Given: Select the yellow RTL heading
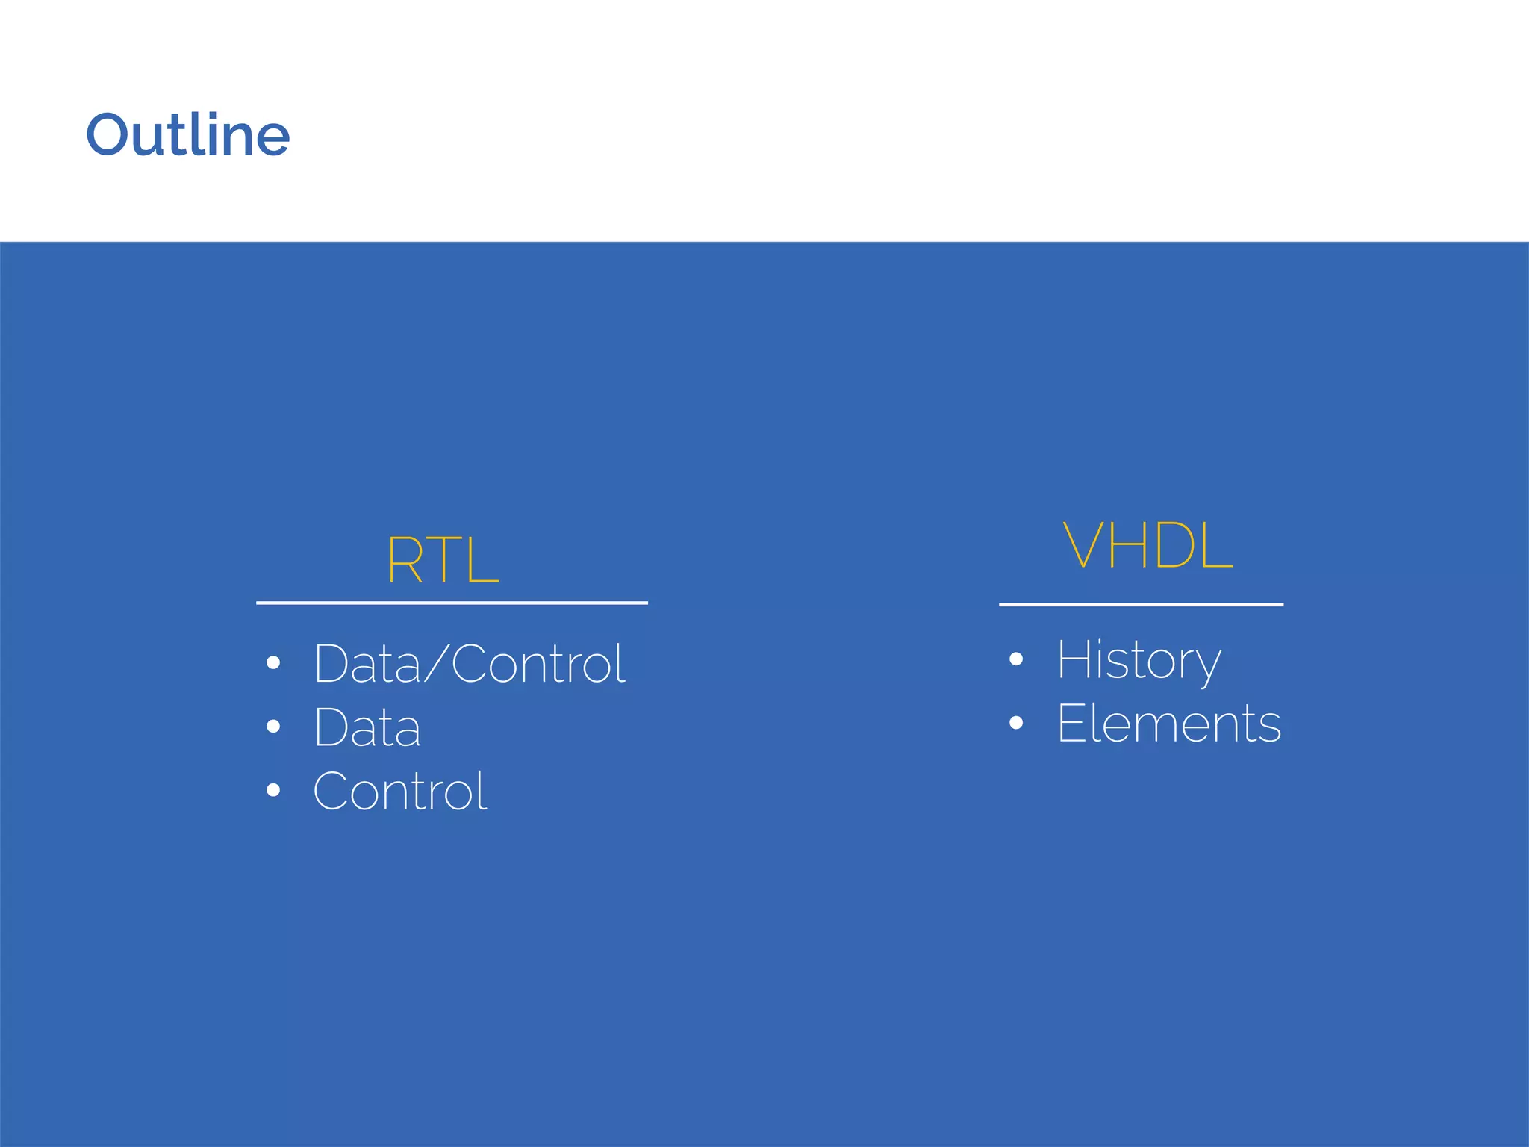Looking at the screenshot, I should click(442, 560).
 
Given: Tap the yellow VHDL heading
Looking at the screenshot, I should click(1147, 545).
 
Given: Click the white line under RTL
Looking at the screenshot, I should click(452, 603).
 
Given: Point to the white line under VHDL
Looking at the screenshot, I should click(1141, 605).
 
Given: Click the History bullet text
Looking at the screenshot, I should click(1139, 660).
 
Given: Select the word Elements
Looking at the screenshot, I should click(1169, 723).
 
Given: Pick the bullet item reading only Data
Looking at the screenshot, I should click(367, 727).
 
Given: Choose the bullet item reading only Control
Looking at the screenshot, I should click(400, 792).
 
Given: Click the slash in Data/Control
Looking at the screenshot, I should click(435, 663).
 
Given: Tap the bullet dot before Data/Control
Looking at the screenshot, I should click(273, 662).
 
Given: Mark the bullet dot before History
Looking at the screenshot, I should click(1015, 659).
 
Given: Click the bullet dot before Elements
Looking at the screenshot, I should click(1015, 722).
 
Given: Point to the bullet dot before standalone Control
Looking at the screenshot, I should click(273, 790).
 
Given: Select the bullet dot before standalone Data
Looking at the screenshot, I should click(273, 726).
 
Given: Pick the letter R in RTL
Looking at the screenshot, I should click(405, 560).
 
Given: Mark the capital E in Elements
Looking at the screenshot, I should click(1072, 723).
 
